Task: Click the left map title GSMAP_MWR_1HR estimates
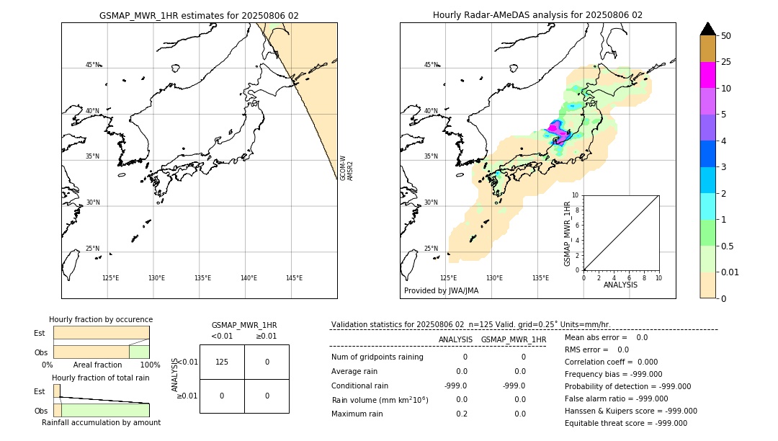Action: pos(199,15)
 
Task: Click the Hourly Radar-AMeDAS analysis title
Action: pos(537,15)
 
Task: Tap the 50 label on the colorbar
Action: pos(726,36)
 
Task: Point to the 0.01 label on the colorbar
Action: pos(730,272)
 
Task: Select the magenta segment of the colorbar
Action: pos(707,75)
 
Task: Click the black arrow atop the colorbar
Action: pos(707,29)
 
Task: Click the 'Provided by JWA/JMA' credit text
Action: pos(441,290)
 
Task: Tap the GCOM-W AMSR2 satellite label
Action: pos(346,167)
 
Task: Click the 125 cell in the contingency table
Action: pos(222,362)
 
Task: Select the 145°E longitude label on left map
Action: pos(294,278)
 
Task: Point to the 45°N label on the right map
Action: pos(431,65)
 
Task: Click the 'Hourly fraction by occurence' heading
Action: pos(101,319)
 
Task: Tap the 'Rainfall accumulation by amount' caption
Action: pos(101,423)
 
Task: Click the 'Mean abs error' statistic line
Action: pos(606,337)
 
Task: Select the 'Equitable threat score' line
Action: pos(625,423)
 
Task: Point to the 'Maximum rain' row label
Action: pos(355,414)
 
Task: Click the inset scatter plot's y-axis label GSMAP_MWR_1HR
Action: pos(567,233)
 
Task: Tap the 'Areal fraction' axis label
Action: pos(97,365)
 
